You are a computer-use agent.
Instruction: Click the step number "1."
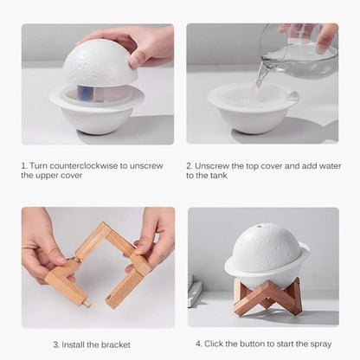(25, 164)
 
